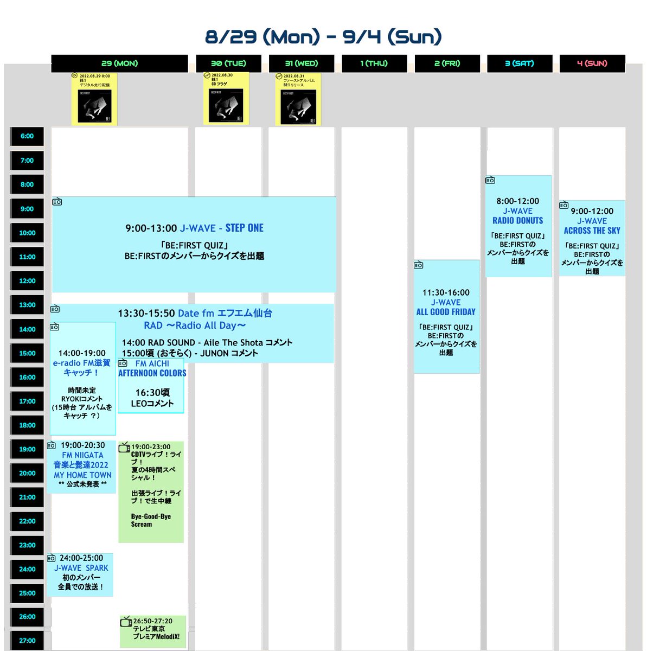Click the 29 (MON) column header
119,63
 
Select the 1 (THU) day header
374,63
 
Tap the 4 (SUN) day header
592,63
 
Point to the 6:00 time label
27,136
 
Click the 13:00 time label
27,305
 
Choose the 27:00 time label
27,641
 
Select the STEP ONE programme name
244,228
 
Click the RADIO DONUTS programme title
517,221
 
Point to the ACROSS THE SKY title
592,231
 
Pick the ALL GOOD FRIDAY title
446,312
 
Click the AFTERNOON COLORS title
152,373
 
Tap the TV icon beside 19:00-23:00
124,447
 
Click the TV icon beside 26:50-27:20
126,621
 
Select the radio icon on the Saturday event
490,180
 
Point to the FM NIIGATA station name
82,455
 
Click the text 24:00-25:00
81,558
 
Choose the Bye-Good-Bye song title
151,516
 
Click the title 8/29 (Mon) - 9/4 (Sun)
323,37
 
